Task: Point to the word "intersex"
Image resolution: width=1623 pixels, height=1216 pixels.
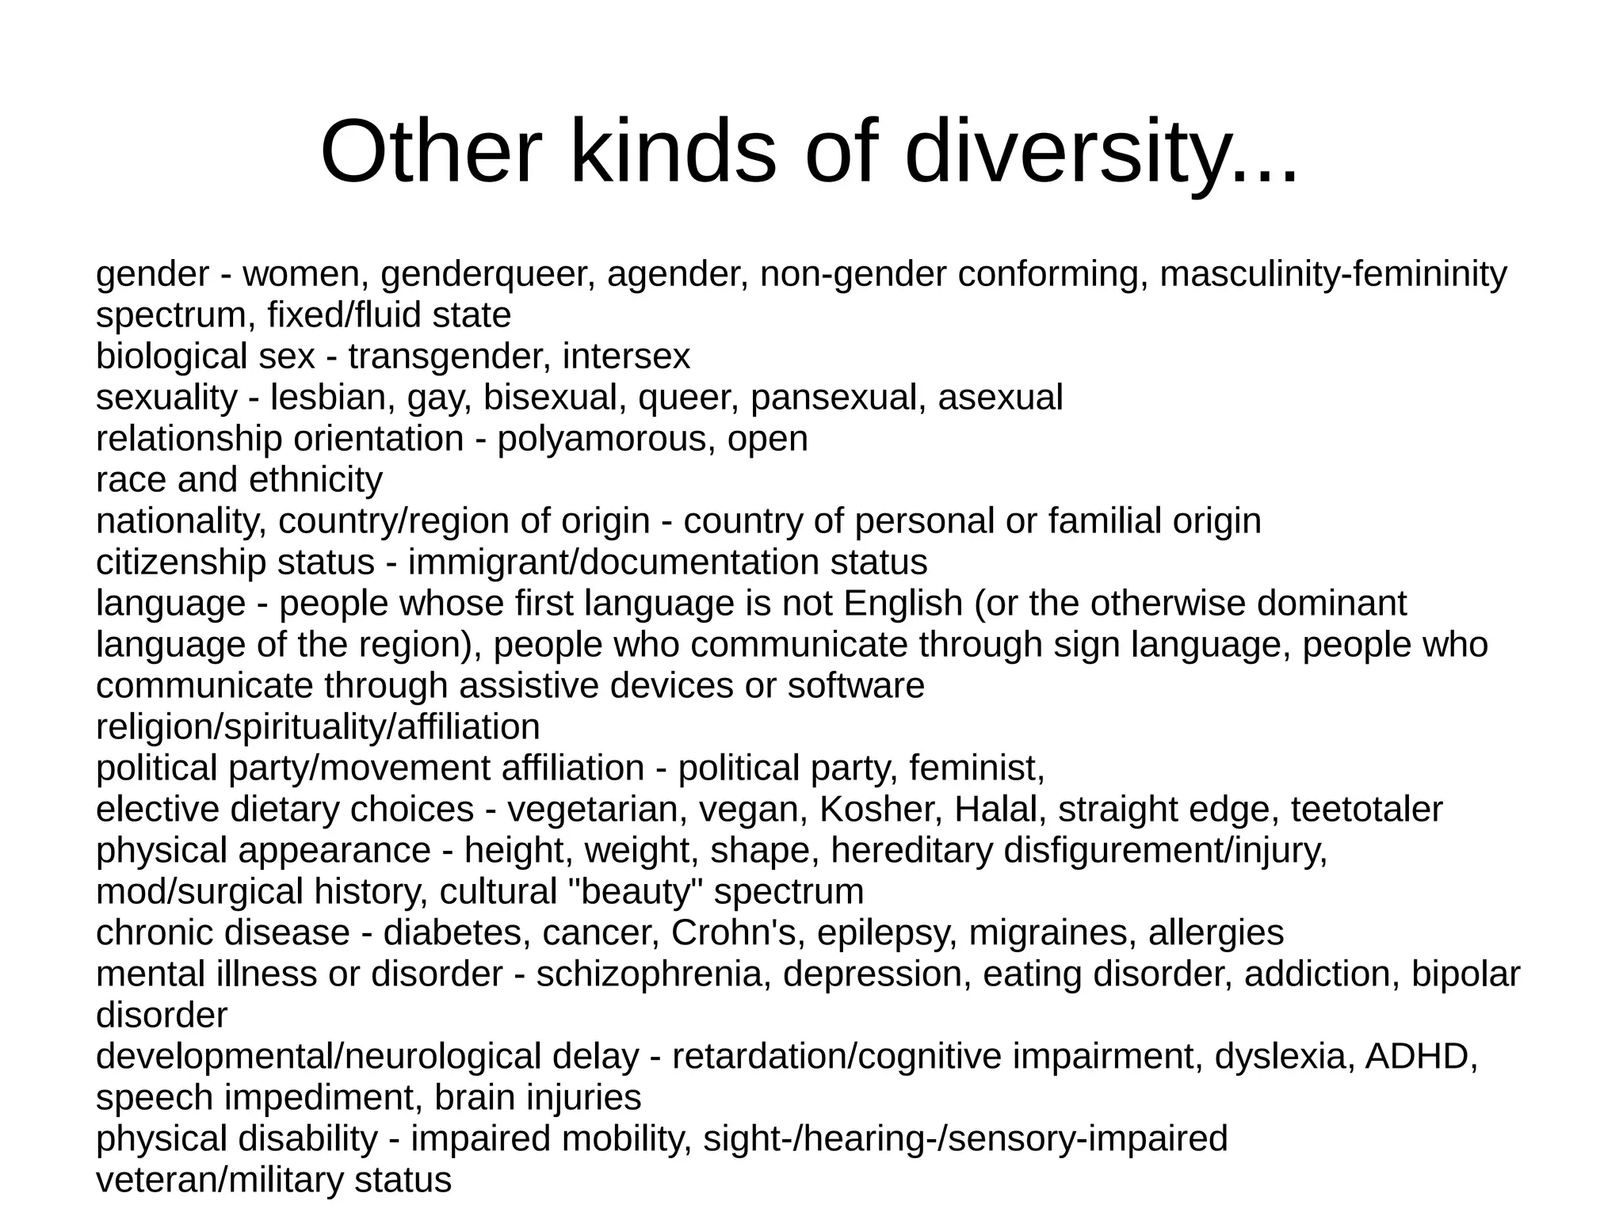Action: (x=626, y=356)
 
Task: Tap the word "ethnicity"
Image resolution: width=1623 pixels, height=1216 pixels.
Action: (x=315, y=480)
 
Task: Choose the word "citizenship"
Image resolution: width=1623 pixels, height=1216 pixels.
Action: (x=181, y=562)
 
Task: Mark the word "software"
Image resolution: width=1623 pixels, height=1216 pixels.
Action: (x=856, y=686)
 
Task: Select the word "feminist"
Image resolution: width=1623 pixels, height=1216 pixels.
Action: (x=976, y=768)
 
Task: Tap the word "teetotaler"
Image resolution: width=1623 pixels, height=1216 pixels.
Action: (x=1366, y=810)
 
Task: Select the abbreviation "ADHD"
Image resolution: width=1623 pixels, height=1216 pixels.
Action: (x=1421, y=1057)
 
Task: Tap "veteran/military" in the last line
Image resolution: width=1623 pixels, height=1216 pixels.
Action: (x=219, y=1180)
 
